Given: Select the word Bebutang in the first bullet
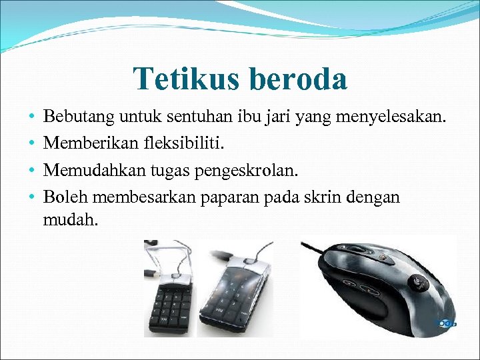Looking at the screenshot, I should coord(79,119).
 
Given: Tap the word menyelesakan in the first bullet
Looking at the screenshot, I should coord(394,119).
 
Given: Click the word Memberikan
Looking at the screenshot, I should coord(83,145).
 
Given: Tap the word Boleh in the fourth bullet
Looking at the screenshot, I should coord(66,197).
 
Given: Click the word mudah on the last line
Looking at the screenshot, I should coord(70,219).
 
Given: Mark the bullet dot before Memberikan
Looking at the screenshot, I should coord(32,145).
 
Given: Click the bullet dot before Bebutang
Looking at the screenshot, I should coord(32,119).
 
